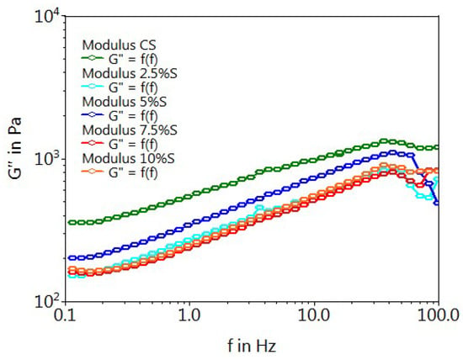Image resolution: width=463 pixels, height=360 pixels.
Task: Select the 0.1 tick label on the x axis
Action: pyautogui.click(x=66, y=315)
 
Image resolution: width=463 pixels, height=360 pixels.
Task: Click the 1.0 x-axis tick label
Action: pyautogui.click(x=189, y=315)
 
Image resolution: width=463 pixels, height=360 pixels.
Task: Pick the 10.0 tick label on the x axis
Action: pyautogui.click(x=314, y=315)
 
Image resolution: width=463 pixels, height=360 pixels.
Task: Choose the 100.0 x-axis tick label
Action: pyautogui.click(x=439, y=315)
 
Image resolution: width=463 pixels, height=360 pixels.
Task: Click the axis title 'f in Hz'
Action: pyautogui.click(x=252, y=346)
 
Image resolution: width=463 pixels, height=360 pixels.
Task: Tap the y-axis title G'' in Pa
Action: pyautogui.click(x=15, y=148)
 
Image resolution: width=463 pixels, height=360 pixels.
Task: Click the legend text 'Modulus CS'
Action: pyautogui.click(x=119, y=45)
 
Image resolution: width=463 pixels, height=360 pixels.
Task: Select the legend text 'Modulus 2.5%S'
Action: pyautogui.click(x=130, y=73)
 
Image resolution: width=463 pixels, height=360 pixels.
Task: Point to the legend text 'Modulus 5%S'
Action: pyautogui.click(x=125, y=102)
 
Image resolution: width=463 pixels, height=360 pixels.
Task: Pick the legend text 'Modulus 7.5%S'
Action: pyautogui.click(x=130, y=130)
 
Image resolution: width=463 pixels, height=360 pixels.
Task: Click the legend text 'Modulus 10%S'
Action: pyautogui.click(x=129, y=158)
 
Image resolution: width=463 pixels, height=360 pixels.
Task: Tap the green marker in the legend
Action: pyautogui.click(x=92, y=58)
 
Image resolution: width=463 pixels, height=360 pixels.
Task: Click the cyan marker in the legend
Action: pyautogui.click(x=92, y=86)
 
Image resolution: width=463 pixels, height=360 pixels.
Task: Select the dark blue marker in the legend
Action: pyautogui.click(x=92, y=114)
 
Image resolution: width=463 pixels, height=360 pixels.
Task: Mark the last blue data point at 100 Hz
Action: pyautogui.click(x=437, y=203)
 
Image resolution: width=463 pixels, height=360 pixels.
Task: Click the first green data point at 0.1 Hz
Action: pyautogui.click(x=71, y=223)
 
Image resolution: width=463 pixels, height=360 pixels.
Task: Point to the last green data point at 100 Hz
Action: pyautogui.click(x=437, y=147)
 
